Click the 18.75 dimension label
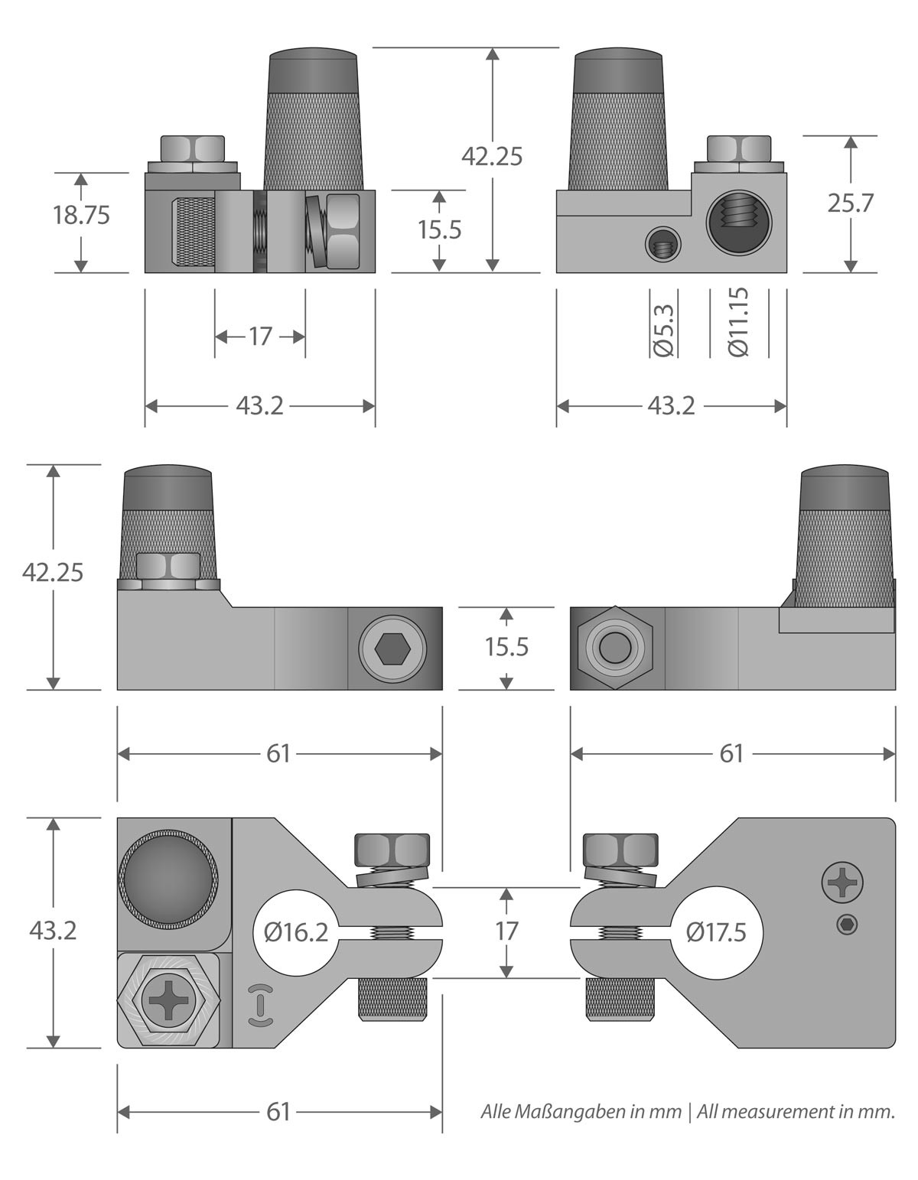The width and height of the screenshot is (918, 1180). (81, 215)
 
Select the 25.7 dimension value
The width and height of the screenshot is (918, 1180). (850, 203)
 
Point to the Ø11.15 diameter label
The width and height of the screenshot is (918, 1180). (739, 322)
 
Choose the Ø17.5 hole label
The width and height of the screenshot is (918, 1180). (716, 932)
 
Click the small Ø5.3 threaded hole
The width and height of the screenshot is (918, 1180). (662, 246)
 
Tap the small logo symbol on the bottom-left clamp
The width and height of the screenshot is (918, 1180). (260, 1003)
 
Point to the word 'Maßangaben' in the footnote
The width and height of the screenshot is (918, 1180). (568, 1112)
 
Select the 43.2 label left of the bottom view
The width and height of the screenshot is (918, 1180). (53, 931)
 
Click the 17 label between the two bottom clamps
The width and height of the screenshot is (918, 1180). (506, 931)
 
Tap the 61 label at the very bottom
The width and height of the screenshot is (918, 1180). (278, 1112)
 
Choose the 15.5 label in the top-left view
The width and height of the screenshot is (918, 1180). (439, 229)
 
